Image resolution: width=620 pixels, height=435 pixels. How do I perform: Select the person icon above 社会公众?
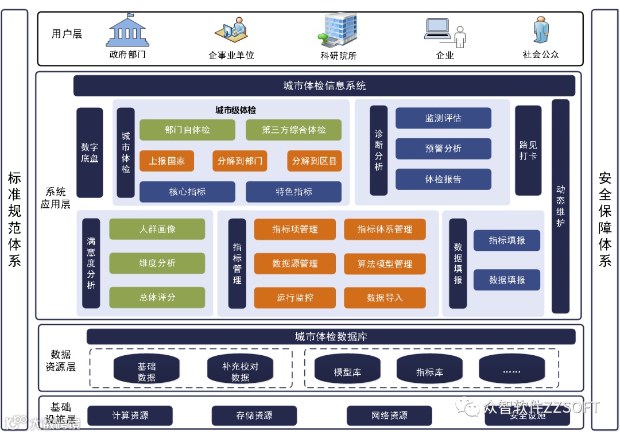pos(540,30)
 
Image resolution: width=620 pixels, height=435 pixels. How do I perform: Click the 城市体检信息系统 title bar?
pos(324,86)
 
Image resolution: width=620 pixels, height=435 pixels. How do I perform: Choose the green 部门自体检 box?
pos(187,130)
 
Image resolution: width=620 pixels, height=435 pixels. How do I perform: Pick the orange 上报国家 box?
pos(166,161)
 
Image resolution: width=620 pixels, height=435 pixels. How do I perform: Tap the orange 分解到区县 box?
pos(314,161)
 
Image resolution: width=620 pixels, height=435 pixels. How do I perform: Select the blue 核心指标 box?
pos(187,192)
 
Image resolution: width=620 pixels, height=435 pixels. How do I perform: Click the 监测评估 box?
pos(443,118)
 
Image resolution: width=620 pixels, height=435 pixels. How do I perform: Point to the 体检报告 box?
pos(443,179)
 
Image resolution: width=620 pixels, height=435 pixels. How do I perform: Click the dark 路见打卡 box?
pos(528,150)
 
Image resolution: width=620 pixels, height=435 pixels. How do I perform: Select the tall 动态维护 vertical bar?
pos(560,206)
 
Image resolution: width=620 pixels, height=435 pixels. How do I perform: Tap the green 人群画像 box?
pos(157,229)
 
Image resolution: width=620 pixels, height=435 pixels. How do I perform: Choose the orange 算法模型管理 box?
pos(385,264)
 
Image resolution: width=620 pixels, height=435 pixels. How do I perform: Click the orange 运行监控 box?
pos(295,298)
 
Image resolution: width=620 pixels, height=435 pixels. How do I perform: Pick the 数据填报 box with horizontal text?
pos(506,280)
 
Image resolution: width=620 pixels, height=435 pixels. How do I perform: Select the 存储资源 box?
pos(254,415)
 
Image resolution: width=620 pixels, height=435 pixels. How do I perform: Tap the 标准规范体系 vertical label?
pos(14,218)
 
